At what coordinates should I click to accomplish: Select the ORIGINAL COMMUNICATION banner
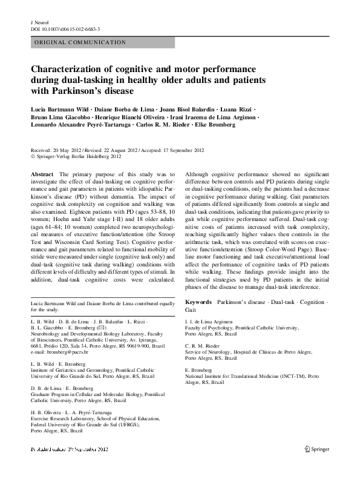point(80,42)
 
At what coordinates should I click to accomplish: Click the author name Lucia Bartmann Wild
point(57,108)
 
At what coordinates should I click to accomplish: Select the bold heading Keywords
point(198,301)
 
